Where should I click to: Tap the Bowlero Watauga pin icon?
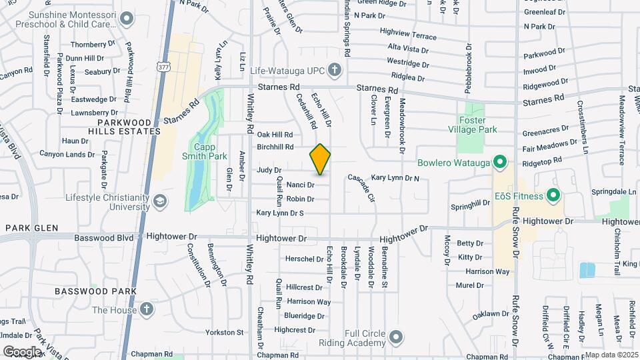498,162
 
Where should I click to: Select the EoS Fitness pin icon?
552,195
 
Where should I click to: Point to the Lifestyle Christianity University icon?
160,201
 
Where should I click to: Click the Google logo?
22,351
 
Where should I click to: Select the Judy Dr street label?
269,171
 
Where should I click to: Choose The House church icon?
146,309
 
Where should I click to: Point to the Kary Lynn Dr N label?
395,178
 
